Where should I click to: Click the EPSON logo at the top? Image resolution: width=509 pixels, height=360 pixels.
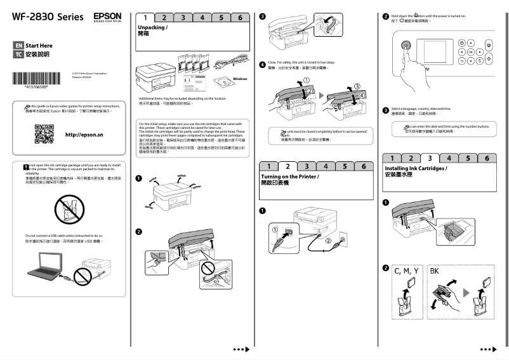107,17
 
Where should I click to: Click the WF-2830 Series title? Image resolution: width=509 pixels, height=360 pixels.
48,17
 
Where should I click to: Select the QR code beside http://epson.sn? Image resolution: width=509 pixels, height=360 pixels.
44,135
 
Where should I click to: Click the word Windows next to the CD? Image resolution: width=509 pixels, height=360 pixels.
239,78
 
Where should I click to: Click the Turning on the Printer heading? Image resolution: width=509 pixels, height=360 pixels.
291,179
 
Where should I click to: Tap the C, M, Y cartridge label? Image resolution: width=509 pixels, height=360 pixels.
406,271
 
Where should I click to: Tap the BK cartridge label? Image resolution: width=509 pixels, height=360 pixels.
435,271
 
